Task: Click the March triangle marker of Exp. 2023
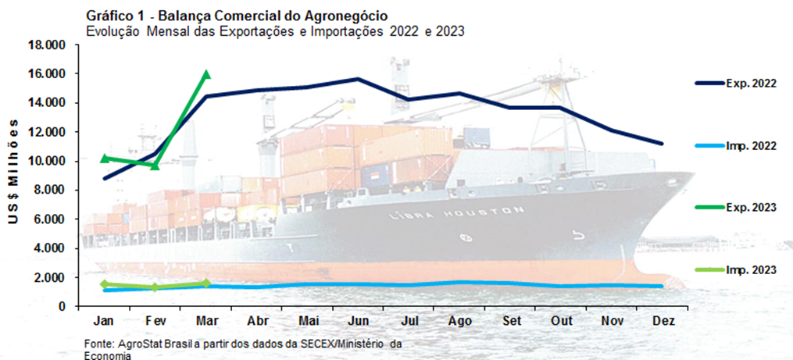[x=206, y=75]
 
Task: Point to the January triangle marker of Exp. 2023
[x=105, y=159]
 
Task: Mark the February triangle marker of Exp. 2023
[x=155, y=165]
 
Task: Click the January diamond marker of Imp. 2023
[x=105, y=284]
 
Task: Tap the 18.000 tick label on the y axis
[x=47, y=45]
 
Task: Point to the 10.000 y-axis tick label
[x=47, y=162]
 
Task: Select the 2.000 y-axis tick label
[x=50, y=278]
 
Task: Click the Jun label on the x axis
[x=357, y=321]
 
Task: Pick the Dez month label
[x=663, y=321]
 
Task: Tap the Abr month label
[x=257, y=321]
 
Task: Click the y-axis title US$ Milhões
[x=13, y=175]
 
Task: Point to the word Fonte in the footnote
[x=97, y=344]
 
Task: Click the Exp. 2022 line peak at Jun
[x=358, y=79]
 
